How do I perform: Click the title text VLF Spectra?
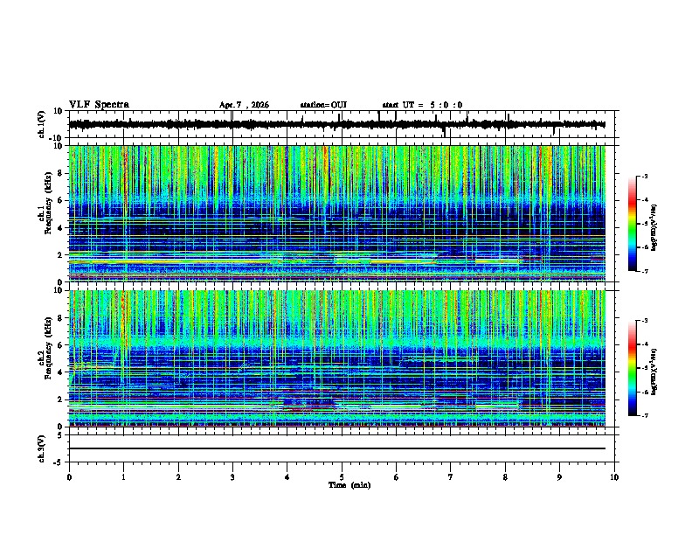(99, 105)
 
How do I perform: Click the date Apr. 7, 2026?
(244, 105)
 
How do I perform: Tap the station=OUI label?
(323, 105)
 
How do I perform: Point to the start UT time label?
(422, 105)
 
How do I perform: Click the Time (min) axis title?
(349, 484)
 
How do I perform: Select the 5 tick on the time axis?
(342, 477)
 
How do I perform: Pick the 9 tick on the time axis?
(560, 477)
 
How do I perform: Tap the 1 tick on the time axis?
(123, 477)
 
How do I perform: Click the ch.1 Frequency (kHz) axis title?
(45, 213)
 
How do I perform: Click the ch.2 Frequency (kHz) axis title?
(45, 358)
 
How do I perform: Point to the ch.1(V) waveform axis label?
(43, 125)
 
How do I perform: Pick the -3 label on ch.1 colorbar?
(647, 177)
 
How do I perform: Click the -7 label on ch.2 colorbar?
(647, 416)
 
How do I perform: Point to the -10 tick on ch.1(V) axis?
(56, 138)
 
